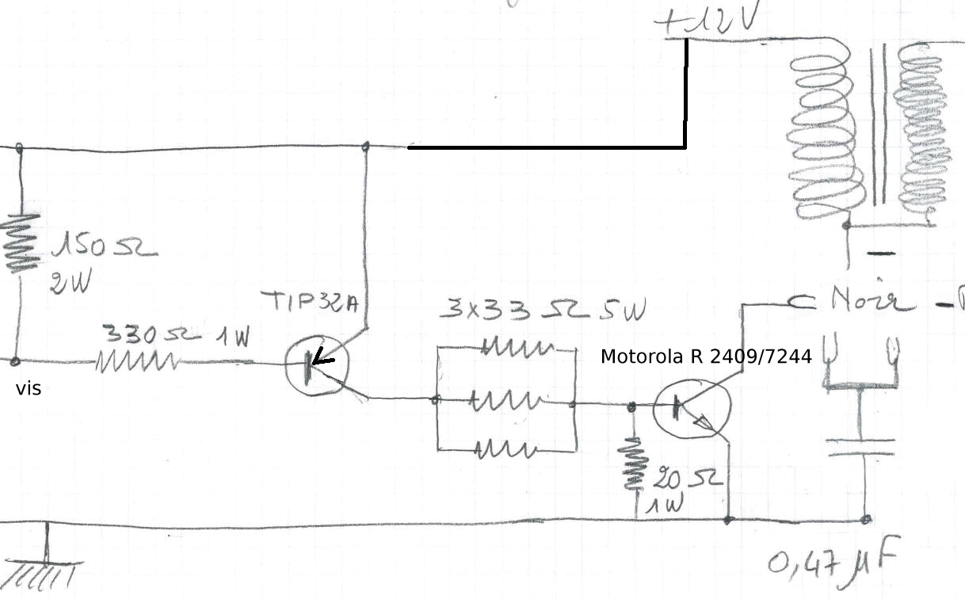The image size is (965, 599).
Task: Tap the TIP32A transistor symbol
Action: pos(315,365)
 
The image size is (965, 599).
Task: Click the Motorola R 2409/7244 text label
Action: pos(706,357)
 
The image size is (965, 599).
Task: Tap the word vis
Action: pos(29,390)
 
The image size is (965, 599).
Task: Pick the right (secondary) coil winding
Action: pos(922,135)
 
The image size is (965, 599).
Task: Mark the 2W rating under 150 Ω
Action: pos(70,281)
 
